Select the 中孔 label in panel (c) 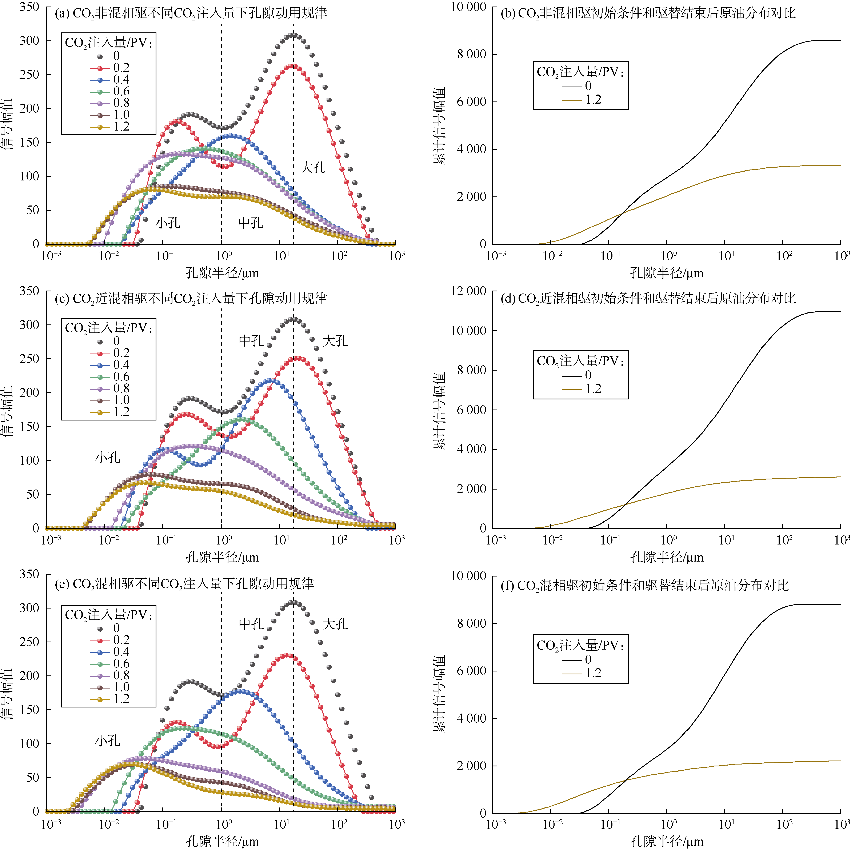pos(251,340)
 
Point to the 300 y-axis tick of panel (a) pos(29,40)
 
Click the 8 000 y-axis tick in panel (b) pos(471,54)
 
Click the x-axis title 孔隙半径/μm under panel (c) pos(222,557)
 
